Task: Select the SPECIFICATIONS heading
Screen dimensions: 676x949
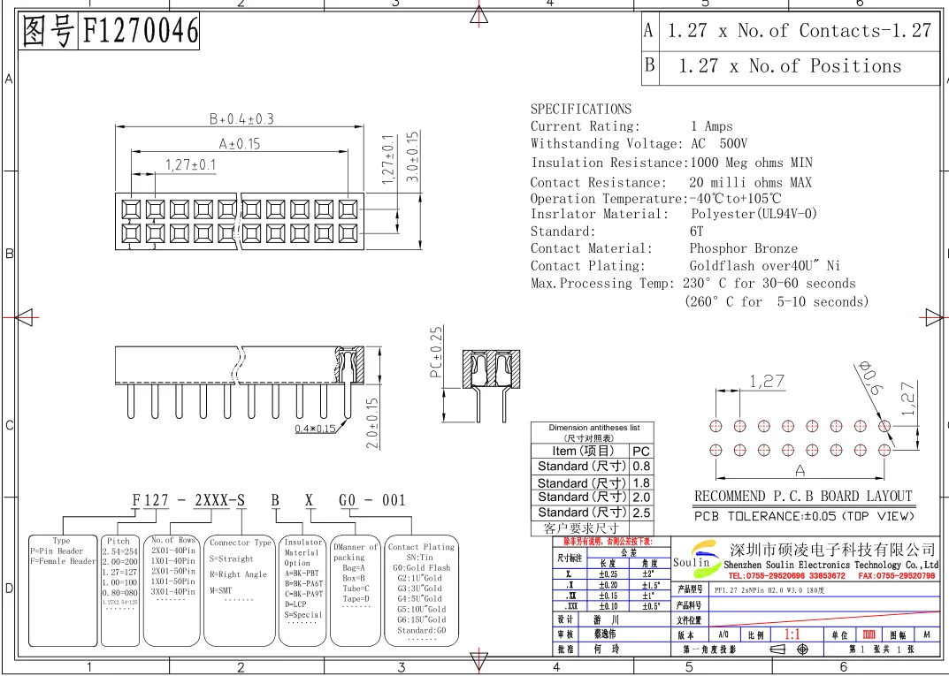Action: pyautogui.click(x=580, y=109)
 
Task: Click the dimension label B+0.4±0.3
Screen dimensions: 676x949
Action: pyautogui.click(x=241, y=118)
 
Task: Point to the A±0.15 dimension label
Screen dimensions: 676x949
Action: pyautogui.click(x=239, y=143)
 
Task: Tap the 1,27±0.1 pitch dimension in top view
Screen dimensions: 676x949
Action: pyautogui.click(x=190, y=164)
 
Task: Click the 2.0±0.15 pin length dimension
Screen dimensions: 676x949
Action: pyautogui.click(x=372, y=422)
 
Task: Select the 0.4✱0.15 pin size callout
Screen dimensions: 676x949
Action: pyautogui.click(x=315, y=429)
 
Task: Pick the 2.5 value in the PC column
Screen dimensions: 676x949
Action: pyautogui.click(x=641, y=513)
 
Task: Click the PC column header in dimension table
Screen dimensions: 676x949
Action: pyautogui.click(x=641, y=451)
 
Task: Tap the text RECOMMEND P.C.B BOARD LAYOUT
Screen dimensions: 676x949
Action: pyautogui.click(x=802, y=497)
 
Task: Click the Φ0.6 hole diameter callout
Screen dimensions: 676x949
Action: pyautogui.click(x=872, y=377)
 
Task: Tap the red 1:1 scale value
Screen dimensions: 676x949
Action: pyautogui.click(x=792, y=634)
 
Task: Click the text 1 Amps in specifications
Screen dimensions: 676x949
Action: pyautogui.click(x=711, y=126)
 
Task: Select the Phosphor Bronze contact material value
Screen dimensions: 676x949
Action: pyautogui.click(x=743, y=248)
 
